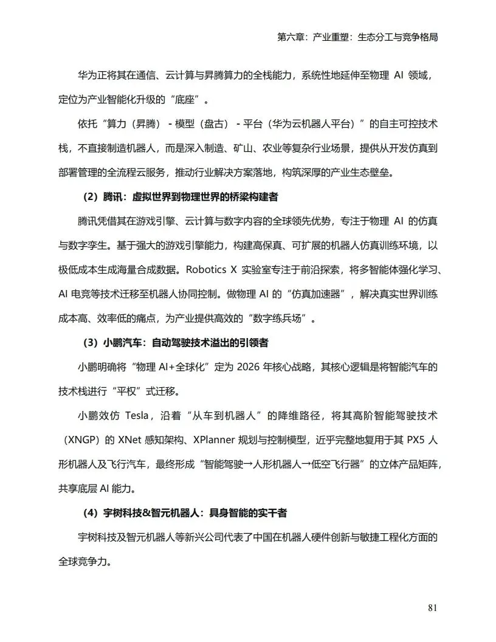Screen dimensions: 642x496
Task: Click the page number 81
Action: coord(433,607)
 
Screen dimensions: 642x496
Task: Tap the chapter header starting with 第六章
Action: coord(357,37)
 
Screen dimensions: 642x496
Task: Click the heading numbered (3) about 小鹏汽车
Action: coord(176,343)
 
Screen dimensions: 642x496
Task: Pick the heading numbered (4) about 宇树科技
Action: coord(185,513)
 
